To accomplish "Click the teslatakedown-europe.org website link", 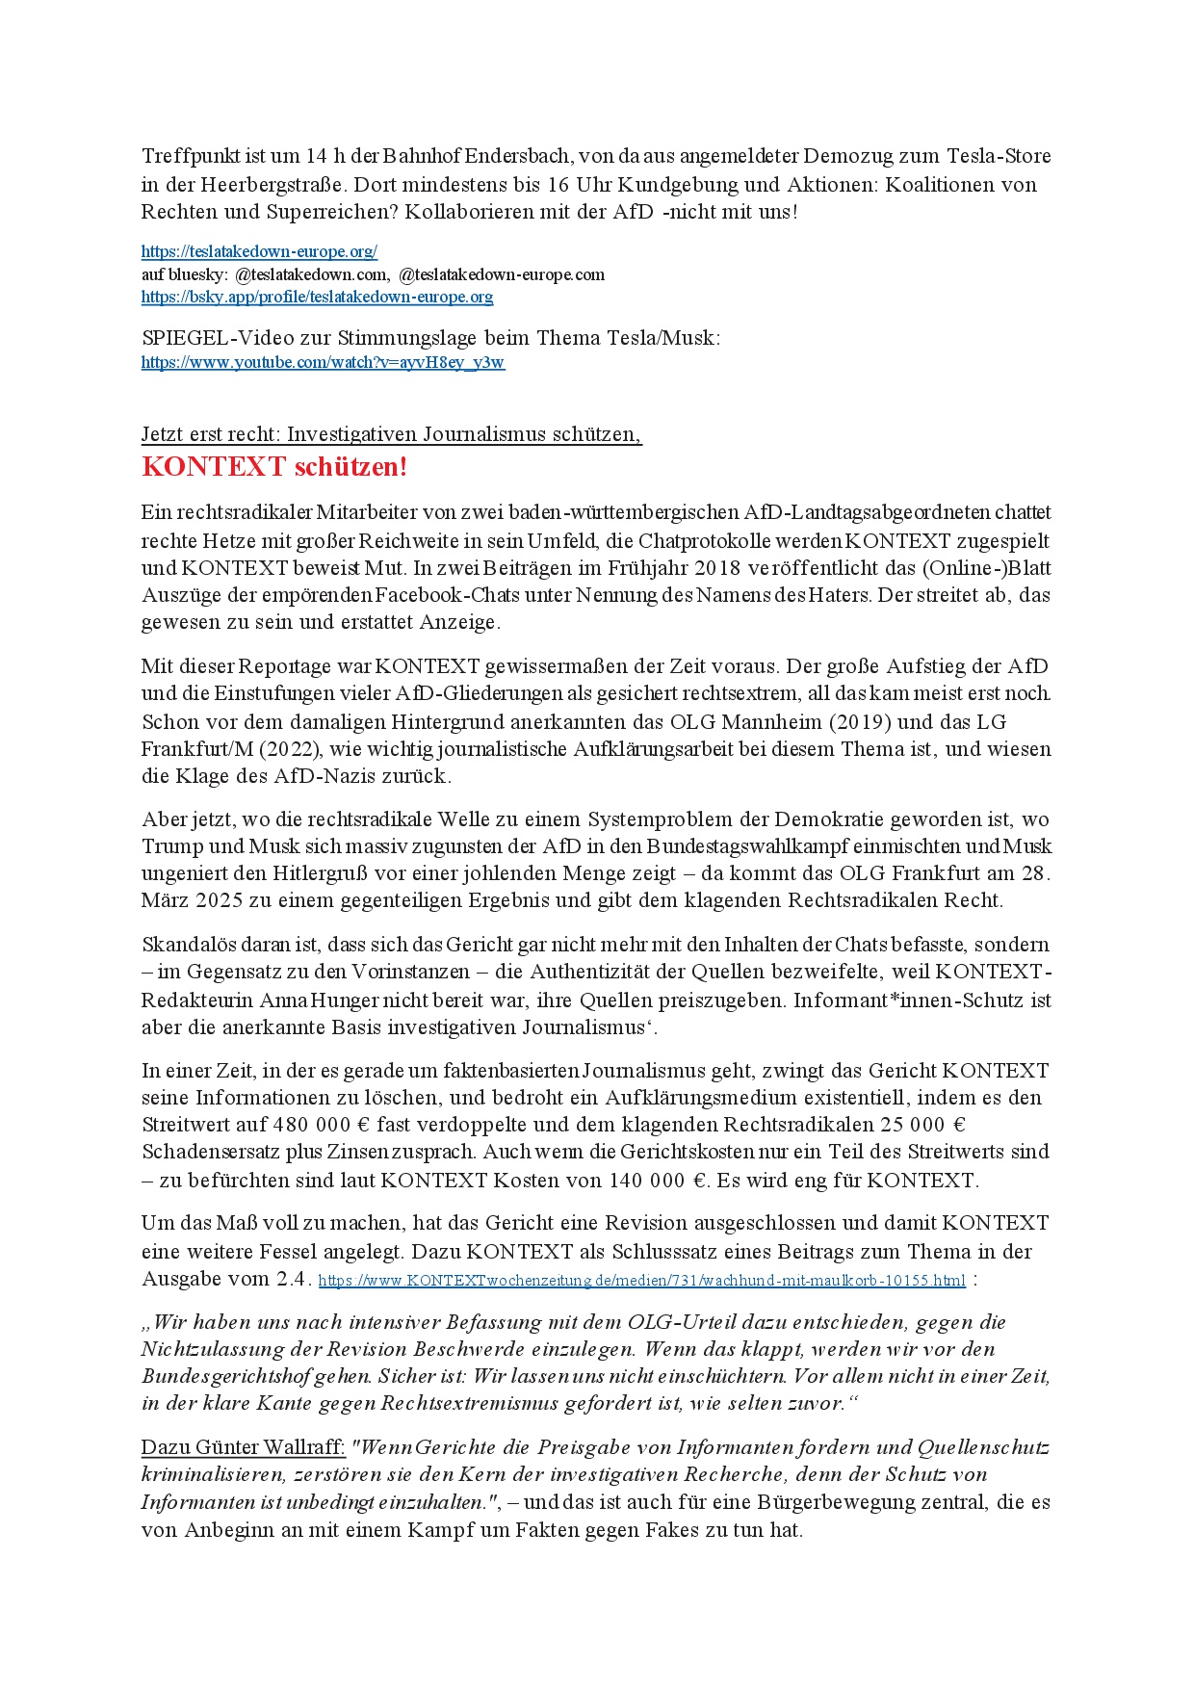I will tap(259, 252).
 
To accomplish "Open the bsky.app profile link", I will tap(317, 298).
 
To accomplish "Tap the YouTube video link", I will tap(323, 363).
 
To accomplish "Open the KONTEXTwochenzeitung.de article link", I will tap(641, 1281).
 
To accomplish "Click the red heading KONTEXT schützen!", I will tap(274, 467).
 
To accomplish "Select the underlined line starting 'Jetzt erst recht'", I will tap(391, 434).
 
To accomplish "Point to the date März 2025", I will tap(192, 901).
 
